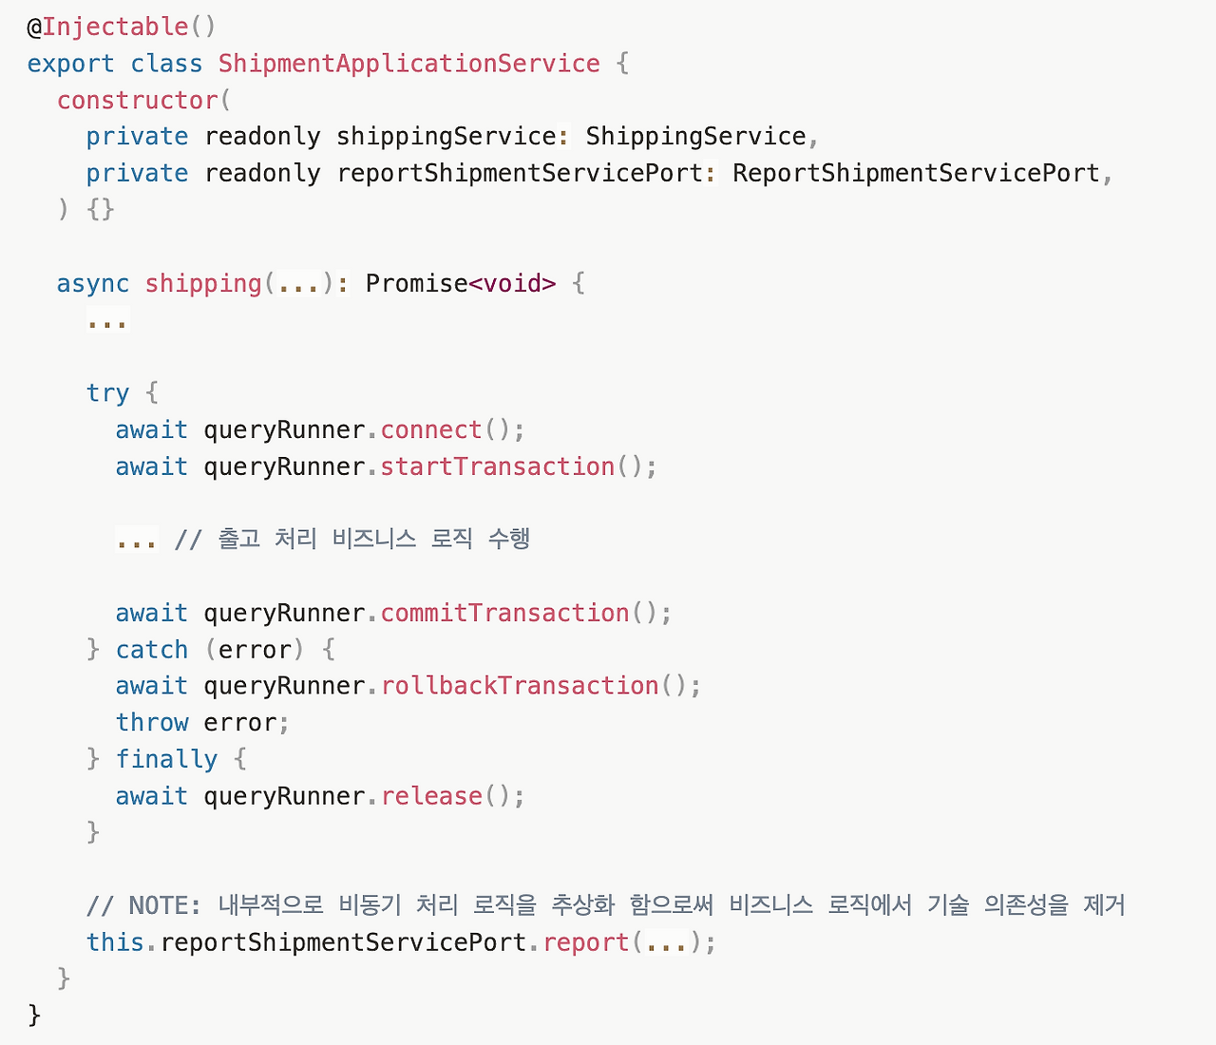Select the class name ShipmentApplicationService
(x=408, y=64)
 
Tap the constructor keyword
(x=137, y=100)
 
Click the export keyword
(x=70, y=64)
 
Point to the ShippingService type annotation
(x=695, y=136)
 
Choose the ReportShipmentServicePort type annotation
(x=916, y=173)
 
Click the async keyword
(x=92, y=283)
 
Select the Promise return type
(x=416, y=283)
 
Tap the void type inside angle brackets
(x=512, y=283)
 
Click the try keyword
(x=107, y=392)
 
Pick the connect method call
(x=431, y=429)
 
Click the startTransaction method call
(x=497, y=466)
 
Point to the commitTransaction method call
(x=504, y=613)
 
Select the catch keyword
(x=152, y=650)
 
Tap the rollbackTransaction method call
(x=520, y=686)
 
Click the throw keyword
(x=152, y=723)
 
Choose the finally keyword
(x=166, y=759)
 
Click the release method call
(x=431, y=796)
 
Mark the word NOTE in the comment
(x=158, y=905)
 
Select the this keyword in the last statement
(x=115, y=942)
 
